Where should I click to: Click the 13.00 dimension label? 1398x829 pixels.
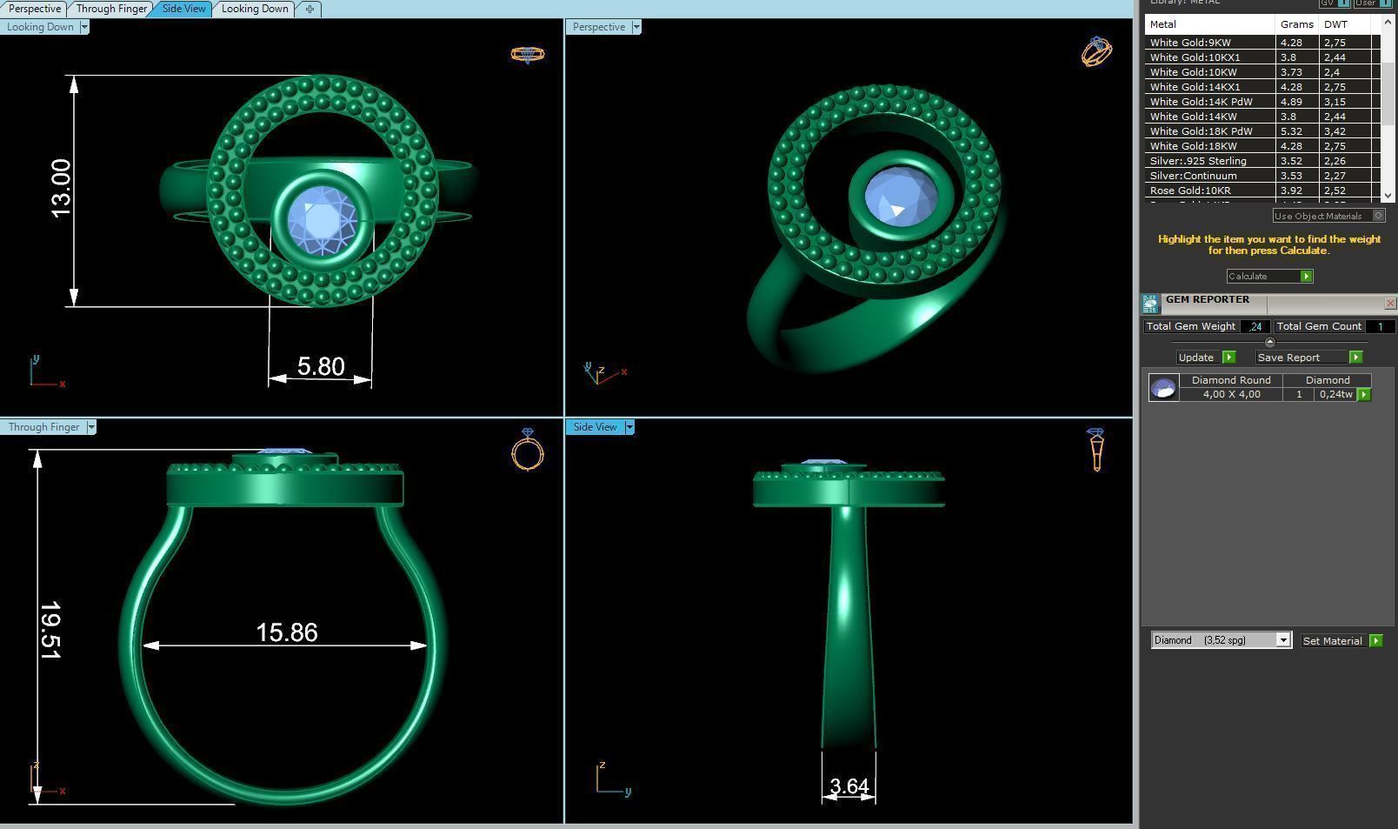[61, 189]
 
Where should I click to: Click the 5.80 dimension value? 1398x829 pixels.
[321, 366]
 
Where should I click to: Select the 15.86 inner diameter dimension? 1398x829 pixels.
[287, 632]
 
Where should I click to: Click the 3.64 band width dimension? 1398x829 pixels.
[849, 786]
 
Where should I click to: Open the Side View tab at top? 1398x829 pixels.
[184, 9]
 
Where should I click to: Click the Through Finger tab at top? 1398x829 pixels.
[111, 9]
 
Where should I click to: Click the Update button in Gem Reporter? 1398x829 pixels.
[1196, 358]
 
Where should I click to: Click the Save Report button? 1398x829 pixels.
[1288, 358]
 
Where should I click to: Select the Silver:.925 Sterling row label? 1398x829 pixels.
[1198, 161]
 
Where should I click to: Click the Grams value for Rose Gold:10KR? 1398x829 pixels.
[1291, 191]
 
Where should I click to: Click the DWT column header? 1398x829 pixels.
[1335, 24]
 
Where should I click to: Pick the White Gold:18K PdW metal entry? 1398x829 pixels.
[1201, 131]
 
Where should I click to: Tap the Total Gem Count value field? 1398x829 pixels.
[1380, 326]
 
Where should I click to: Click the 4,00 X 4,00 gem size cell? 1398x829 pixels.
[1231, 395]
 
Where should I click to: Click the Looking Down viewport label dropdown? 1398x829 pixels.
[84, 27]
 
